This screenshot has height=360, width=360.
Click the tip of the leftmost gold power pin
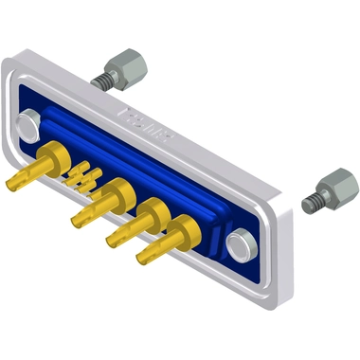(x=14, y=181)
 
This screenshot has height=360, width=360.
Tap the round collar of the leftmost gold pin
(x=56, y=152)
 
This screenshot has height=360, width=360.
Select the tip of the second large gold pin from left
(x=76, y=222)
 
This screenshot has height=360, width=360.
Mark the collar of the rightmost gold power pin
(x=186, y=227)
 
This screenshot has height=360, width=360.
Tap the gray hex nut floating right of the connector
(x=333, y=183)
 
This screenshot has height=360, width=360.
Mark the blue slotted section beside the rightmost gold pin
(x=216, y=243)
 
